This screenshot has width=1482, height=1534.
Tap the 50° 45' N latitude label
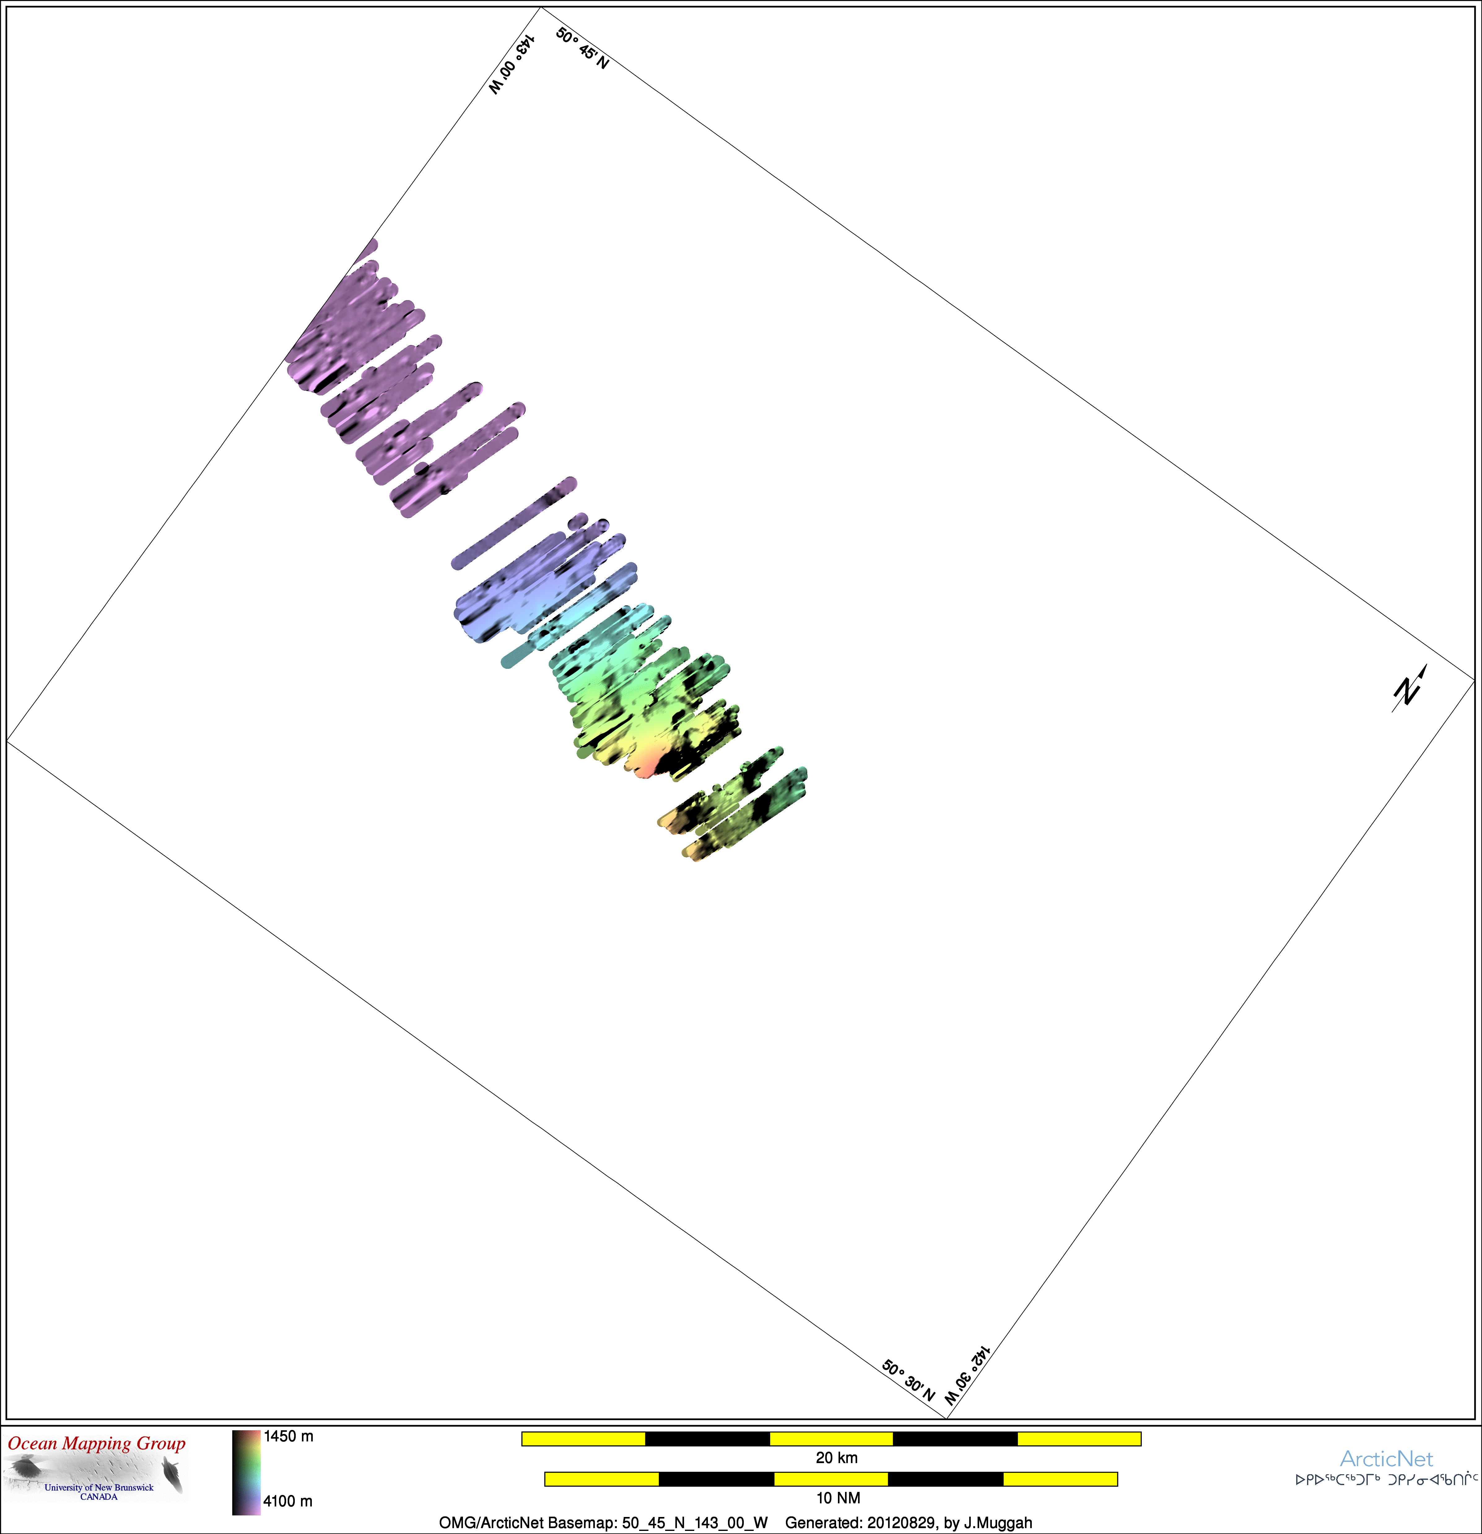(582, 48)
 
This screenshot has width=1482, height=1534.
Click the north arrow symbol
(1409, 689)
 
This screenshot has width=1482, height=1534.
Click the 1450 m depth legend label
(288, 1436)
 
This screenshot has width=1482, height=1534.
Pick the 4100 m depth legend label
(288, 1501)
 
